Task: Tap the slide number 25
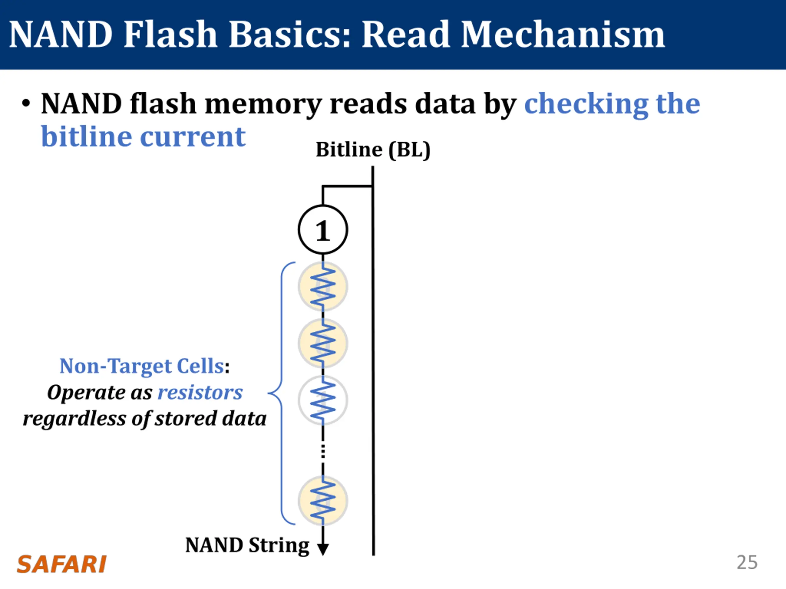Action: [747, 562]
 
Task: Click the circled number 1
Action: [323, 230]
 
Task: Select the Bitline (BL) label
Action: [373, 149]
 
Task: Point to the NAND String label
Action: [247, 546]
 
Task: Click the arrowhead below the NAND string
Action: [323, 549]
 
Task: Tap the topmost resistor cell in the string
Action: [323, 287]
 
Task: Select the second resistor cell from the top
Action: [323, 343]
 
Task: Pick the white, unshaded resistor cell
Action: [323, 400]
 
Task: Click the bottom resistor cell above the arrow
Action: [323, 501]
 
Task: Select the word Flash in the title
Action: [170, 34]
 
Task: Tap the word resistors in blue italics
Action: [200, 393]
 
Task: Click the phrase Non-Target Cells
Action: [142, 366]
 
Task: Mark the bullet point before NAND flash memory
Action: [25, 104]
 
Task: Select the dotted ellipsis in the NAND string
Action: [323, 451]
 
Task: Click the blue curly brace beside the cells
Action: [282, 393]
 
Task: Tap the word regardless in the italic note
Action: [74, 419]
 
